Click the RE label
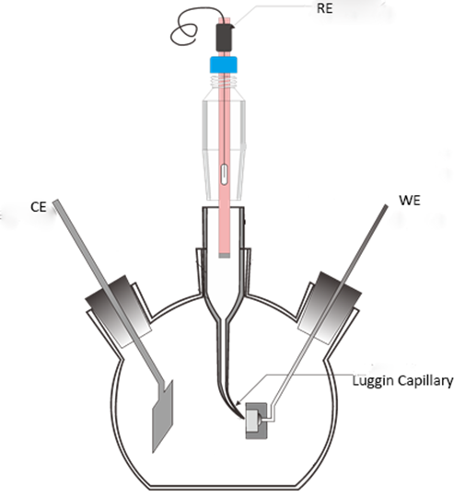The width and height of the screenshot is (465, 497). [324, 8]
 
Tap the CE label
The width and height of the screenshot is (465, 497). [39, 207]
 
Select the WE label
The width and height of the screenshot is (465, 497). [410, 201]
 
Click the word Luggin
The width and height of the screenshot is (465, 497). [373, 381]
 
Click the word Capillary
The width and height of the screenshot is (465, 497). [425, 381]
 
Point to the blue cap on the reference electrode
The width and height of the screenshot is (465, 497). [224, 65]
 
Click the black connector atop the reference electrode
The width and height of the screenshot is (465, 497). [225, 37]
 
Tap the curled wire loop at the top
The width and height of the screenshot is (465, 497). [187, 27]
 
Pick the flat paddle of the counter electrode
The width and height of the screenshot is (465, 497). [163, 416]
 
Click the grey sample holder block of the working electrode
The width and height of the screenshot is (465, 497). [257, 421]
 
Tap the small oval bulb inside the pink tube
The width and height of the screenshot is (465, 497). [224, 174]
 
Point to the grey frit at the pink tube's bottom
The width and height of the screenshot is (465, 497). [225, 255]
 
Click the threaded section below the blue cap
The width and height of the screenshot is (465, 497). [224, 82]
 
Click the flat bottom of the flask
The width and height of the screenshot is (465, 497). [222, 487]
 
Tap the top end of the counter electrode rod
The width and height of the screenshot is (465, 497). [56, 202]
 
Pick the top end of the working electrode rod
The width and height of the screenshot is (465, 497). [386, 206]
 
